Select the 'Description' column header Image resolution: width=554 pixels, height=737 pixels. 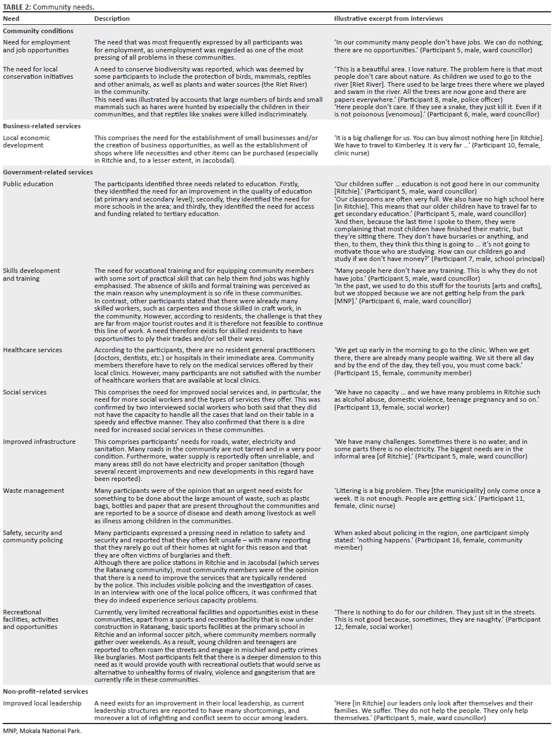click(112, 19)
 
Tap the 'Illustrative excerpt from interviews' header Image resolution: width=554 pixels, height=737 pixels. click(388, 19)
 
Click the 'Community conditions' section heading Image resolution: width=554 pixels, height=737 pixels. click(38, 31)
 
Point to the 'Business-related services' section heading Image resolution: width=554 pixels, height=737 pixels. click(42, 126)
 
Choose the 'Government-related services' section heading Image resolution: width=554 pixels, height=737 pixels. click(48, 172)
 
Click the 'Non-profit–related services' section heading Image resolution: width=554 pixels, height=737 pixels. click(46, 691)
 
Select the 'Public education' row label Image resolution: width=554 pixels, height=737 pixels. click(28, 184)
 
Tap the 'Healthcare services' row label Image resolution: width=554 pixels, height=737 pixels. click(33, 350)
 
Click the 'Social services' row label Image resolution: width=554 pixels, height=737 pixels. click(25, 392)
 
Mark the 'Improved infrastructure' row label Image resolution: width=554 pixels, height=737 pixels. click(39, 442)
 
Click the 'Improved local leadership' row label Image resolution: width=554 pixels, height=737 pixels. click(42, 703)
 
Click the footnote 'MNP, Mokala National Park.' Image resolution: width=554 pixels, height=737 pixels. click(42, 731)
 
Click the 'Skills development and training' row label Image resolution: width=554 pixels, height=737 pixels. click(31, 275)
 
